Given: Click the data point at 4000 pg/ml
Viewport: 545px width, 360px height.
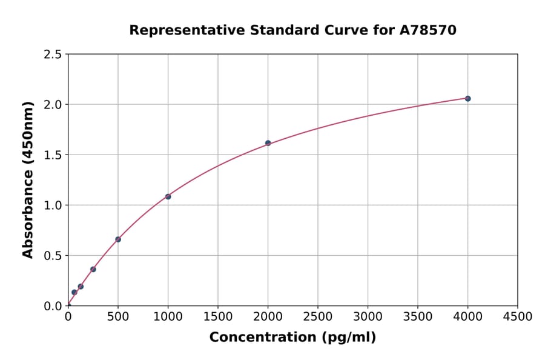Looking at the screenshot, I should (467, 98).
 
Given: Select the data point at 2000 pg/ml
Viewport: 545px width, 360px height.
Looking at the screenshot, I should (268, 143).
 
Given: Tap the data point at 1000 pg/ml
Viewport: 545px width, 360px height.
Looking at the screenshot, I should (168, 196).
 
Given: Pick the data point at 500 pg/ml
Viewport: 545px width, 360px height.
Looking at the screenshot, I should (118, 239).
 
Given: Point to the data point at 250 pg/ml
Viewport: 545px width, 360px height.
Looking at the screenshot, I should (93, 269).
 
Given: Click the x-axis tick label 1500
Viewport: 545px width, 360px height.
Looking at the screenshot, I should (218, 316).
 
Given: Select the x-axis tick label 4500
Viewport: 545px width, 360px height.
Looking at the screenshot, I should (517, 316).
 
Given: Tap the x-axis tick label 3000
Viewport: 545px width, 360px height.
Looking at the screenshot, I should (368, 316).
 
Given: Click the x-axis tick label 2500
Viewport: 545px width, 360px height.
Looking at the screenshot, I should (318, 316).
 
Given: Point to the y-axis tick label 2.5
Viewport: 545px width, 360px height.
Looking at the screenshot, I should (53, 55).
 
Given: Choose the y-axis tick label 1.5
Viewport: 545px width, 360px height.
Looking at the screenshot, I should (53, 155).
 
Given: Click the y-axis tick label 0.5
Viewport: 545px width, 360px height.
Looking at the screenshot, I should (53, 256).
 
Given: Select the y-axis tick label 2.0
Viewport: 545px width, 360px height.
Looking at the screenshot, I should (53, 105).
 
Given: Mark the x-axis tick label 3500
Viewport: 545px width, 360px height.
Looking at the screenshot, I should (418, 316).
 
